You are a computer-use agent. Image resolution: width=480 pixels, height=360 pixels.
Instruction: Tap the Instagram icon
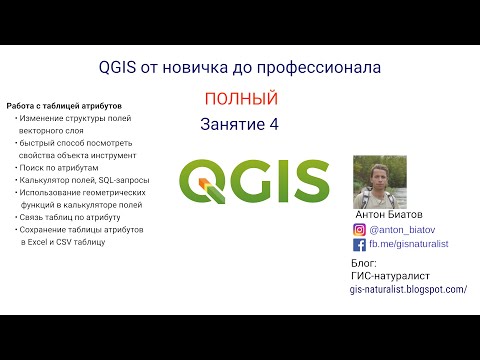click(x=360, y=227)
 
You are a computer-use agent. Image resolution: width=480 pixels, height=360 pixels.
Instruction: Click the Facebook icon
click(x=360, y=243)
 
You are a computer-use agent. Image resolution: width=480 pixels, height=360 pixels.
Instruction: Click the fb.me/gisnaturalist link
click(x=409, y=243)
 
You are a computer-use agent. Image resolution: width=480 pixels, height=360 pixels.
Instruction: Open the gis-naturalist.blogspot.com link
click(x=409, y=289)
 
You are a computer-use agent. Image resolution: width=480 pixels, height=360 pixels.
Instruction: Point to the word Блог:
click(x=365, y=262)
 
